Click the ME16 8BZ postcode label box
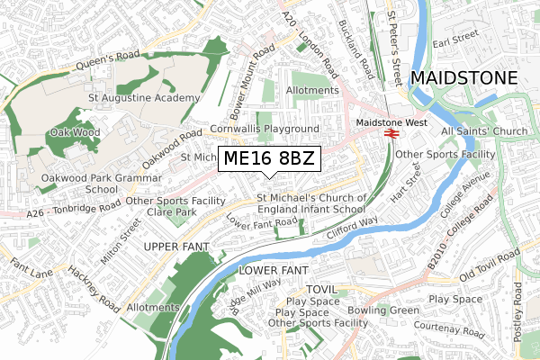pyautogui.click(x=269, y=159)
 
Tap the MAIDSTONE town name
pyautogui.click(x=463, y=78)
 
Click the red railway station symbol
pyautogui.click(x=391, y=133)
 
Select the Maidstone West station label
pyautogui.click(x=391, y=121)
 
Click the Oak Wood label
pyautogui.click(x=74, y=133)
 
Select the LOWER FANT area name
pyautogui.click(x=274, y=270)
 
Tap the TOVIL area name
pyautogui.click(x=320, y=289)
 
